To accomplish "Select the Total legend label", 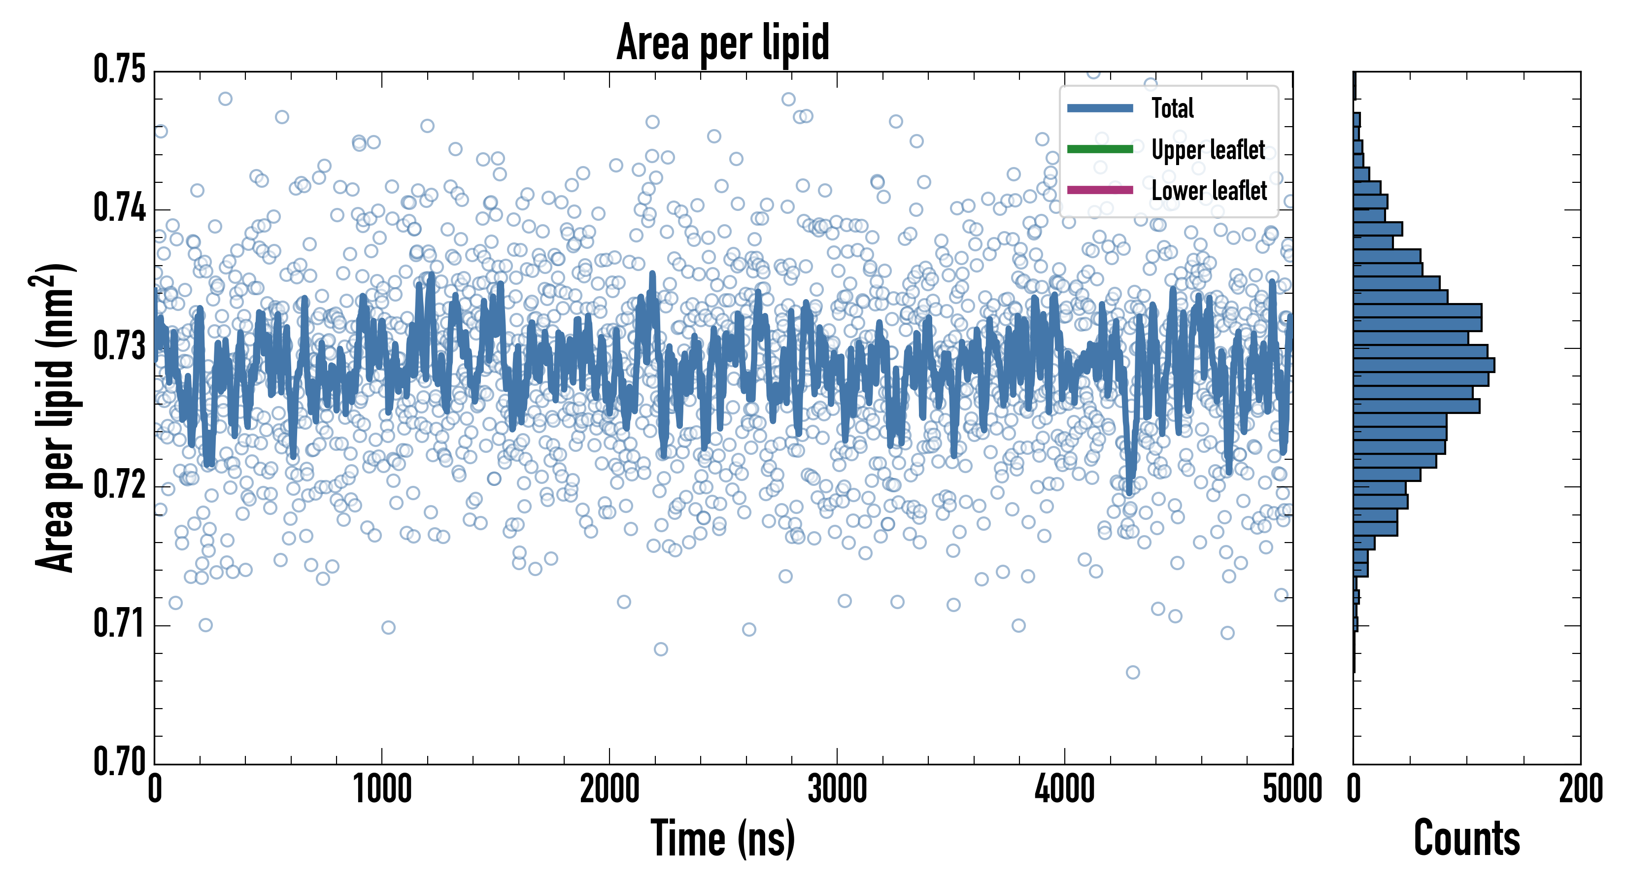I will click(x=1172, y=108).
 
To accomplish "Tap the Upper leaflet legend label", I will click(x=1208, y=150).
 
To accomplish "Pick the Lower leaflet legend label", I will click(x=1209, y=190).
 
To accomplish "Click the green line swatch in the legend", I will click(x=1100, y=149).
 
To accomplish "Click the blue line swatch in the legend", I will click(x=1100, y=108).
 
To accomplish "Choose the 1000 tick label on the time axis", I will click(x=382, y=789).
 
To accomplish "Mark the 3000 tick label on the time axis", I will click(x=837, y=789).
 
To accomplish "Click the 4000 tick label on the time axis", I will click(x=1064, y=789).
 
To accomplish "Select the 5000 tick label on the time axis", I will click(x=1292, y=789).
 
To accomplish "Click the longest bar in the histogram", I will click(x=1423, y=365).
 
